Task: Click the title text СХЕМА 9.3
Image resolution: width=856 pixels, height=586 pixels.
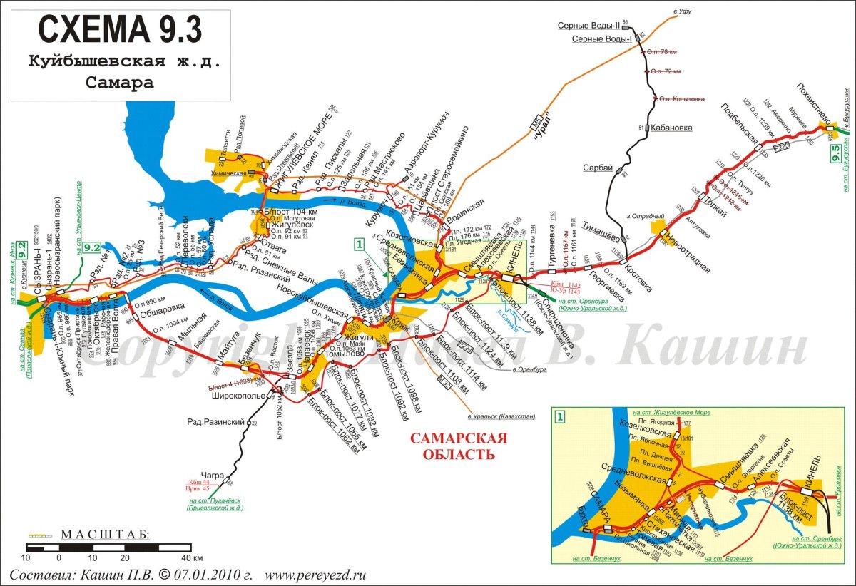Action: click(x=120, y=30)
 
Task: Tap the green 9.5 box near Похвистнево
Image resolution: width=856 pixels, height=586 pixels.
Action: click(x=836, y=153)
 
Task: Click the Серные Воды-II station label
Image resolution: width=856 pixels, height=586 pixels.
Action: click(x=588, y=26)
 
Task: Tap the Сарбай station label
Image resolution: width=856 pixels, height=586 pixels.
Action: click(x=598, y=168)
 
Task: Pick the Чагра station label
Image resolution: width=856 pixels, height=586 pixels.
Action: click(x=213, y=475)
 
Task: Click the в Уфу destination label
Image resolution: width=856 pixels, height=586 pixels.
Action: click(x=683, y=11)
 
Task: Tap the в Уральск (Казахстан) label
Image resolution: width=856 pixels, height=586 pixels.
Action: click(x=501, y=416)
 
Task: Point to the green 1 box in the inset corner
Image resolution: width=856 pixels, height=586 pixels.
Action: click(x=561, y=416)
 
